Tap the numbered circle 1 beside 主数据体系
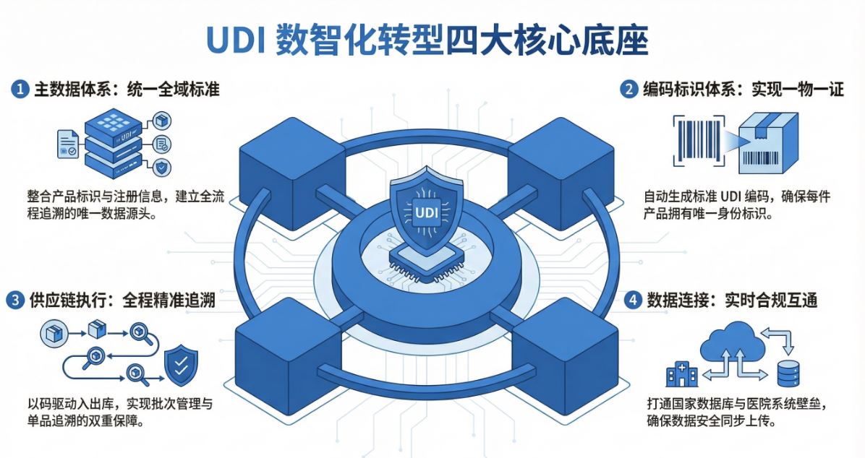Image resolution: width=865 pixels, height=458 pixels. point(20,90)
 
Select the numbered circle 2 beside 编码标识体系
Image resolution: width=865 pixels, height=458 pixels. point(628,90)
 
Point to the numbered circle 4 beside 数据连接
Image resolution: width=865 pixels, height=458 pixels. point(633,300)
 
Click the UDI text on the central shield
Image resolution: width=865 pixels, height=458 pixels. point(425,212)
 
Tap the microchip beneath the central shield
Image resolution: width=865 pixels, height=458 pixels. point(425,260)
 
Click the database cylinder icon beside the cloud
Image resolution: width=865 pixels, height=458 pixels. point(788,373)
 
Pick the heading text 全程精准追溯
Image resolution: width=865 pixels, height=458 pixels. point(169,300)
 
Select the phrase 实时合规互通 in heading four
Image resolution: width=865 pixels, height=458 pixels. point(771,300)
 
